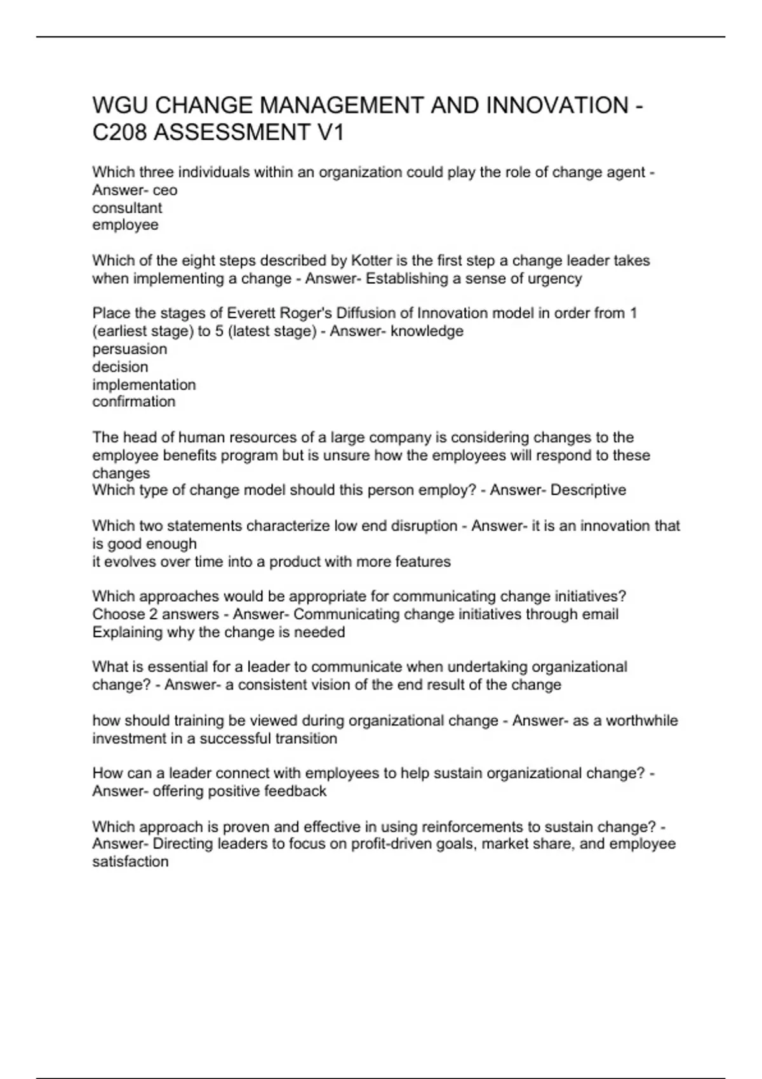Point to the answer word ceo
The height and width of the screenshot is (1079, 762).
(165, 190)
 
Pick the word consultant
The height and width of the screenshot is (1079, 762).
(127, 208)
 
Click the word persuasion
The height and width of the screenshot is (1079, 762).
(130, 349)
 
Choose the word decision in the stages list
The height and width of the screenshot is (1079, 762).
(120, 367)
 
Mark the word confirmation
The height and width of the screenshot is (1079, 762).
(133, 402)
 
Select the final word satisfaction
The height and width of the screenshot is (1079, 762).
(130, 862)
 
